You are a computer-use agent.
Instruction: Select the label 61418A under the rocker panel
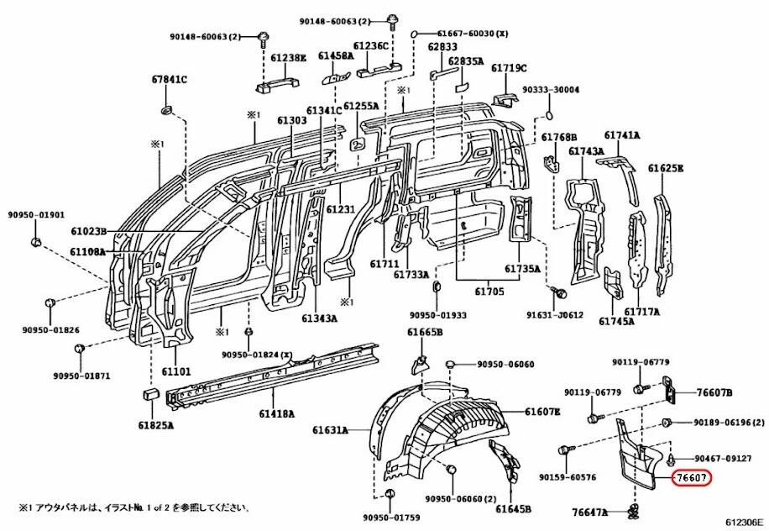pyautogui.click(x=275, y=413)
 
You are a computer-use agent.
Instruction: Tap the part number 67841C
pyautogui.click(x=169, y=80)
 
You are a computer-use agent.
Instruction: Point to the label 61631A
pyautogui.click(x=331, y=430)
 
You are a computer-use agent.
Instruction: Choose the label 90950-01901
pyautogui.click(x=36, y=214)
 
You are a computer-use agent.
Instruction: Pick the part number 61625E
pyautogui.click(x=665, y=168)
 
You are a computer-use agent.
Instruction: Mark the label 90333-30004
pyautogui.click(x=551, y=89)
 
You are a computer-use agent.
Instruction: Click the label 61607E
pyautogui.click(x=542, y=412)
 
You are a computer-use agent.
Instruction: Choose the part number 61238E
pyautogui.click(x=289, y=57)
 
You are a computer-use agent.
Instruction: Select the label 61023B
pyautogui.click(x=87, y=231)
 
